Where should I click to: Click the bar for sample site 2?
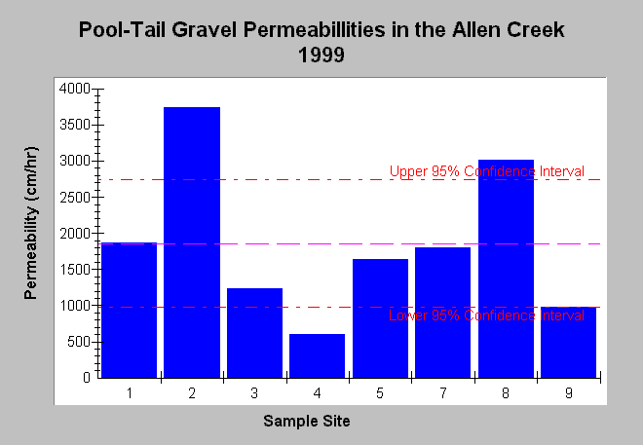(x=192, y=242)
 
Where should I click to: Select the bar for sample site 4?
(x=317, y=355)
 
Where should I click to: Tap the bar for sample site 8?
(x=506, y=269)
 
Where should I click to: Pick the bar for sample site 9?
(x=568, y=342)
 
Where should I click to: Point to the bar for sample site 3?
(x=254, y=333)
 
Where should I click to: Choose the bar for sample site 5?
(x=380, y=318)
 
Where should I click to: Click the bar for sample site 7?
(x=443, y=313)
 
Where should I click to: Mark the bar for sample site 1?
(x=129, y=310)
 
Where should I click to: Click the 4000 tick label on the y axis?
(x=74, y=89)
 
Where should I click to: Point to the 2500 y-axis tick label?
(x=74, y=197)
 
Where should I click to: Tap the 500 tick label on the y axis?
(x=79, y=342)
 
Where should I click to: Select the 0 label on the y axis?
(x=86, y=378)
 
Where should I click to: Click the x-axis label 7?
(x=443, y=393)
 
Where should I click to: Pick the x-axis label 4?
(x=317, y=393)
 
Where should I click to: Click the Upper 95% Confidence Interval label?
(x=487, y=171)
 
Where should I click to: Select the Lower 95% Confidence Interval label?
(x=486, y=315)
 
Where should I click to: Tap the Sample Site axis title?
(x=307, y=421)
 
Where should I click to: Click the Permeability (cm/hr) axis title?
(x=31, y=223)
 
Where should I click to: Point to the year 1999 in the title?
(x=321, y=55)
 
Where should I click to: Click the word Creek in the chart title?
(x=537, y=30)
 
